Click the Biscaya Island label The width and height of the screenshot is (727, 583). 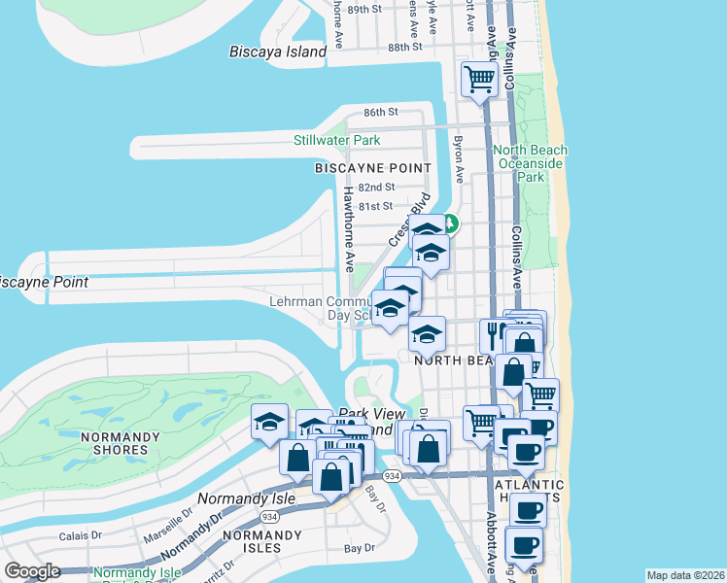click(278, 51)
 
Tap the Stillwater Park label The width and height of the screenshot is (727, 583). click(337, 140)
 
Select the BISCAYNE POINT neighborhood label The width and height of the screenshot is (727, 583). click(372, 168)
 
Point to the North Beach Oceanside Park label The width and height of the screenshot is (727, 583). click(530, 163)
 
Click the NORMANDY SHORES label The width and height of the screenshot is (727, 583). click(121, 443)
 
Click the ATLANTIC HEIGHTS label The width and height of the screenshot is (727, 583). click(530, 492)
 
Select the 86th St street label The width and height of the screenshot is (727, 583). click(382, 113)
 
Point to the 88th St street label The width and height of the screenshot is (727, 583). click(405, 47)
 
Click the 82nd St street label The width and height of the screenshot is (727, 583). click(376, 187)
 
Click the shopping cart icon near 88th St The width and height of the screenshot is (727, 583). click(479, 79)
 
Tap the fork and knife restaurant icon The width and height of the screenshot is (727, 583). click(493, 336)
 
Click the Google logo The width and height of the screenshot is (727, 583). click(32, 571)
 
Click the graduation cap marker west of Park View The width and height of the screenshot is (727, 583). click(269, 422)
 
